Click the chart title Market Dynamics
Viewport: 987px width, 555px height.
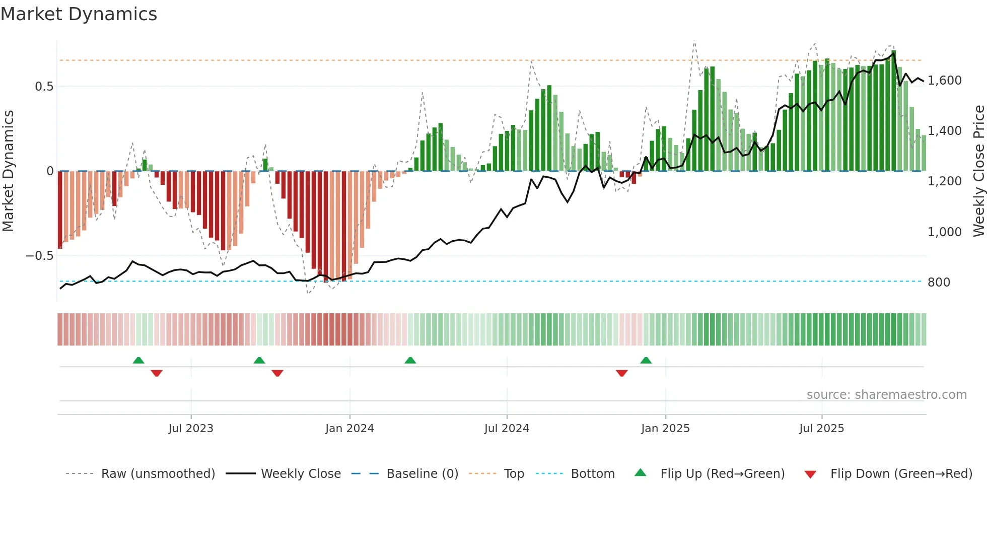coord(79,14)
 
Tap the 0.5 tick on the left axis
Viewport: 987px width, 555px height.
coord(44,87)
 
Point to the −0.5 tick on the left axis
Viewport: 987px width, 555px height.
coord(39,256)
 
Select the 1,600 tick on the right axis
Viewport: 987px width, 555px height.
coord(944,81)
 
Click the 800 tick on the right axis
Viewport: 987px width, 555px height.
coord(939,283)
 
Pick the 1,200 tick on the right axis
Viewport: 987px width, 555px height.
coord(944,181)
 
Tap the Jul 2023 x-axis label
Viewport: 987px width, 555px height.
coord(191,429)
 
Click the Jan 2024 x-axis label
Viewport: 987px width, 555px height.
coord(349,429)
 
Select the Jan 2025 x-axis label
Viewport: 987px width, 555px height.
coord(665,429)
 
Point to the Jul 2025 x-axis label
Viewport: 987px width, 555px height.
coord(821,429)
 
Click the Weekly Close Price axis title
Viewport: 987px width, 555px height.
coord(978,171)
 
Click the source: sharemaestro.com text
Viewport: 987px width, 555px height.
coord(886,395)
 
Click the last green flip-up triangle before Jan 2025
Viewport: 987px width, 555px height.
coord(646,360)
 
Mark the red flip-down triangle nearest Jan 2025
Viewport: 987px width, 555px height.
coord(622,373)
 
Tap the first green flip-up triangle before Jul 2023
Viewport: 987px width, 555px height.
coord(138,360)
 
